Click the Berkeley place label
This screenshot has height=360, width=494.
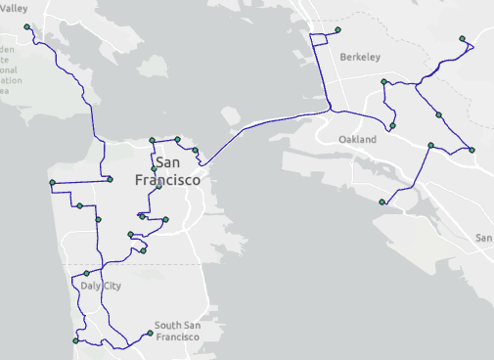tap(360, 58)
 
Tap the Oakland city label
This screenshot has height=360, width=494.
tap(357, 141)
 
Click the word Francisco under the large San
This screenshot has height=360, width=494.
tap(167, 181)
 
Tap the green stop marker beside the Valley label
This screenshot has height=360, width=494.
tap(26, 27)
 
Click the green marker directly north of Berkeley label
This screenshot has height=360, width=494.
tap(337, 30)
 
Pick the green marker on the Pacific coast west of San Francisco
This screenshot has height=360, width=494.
tap(52, 183)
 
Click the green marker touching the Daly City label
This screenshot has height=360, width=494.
tap(86, 273)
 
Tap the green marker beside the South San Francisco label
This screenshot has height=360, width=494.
tap(150, 334)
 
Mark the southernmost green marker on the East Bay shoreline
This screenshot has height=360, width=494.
tap(382, 202)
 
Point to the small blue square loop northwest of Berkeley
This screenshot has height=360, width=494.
tap(320, 42)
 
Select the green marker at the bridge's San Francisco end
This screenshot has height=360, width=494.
tap(196, 150)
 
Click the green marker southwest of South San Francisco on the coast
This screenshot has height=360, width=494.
tap(75, 341)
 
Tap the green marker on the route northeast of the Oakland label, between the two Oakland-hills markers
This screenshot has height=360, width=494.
tap(438, 115)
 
